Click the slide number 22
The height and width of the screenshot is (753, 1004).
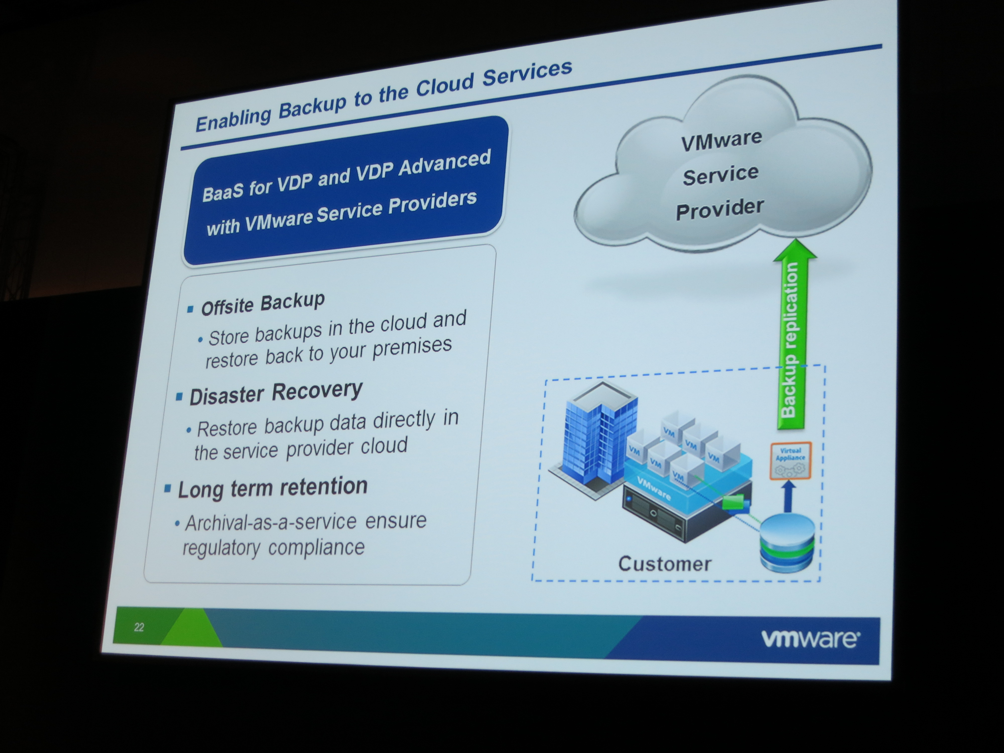139,627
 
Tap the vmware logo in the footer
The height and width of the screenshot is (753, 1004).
810,639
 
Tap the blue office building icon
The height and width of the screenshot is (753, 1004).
595,440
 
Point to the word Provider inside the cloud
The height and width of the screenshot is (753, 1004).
720,209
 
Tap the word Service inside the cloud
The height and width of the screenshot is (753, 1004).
721,175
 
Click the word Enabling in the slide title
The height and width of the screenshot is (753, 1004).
233,120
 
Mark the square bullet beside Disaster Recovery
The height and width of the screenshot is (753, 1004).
179,397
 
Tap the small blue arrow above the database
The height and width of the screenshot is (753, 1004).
789,496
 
